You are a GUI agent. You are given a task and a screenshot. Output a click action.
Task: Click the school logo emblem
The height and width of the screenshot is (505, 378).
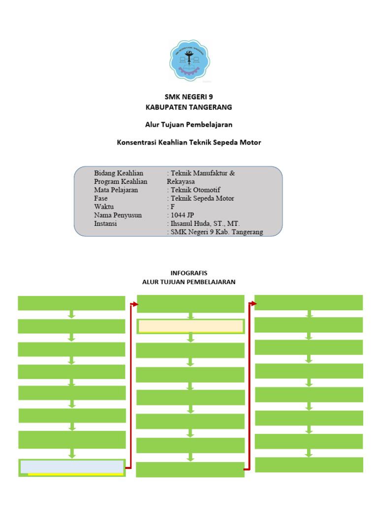click(189, 60)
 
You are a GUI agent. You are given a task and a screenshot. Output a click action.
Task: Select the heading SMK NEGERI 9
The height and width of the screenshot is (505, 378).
click(189, 97)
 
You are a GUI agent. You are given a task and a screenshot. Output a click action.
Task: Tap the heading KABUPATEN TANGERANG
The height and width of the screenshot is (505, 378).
click(189, 107)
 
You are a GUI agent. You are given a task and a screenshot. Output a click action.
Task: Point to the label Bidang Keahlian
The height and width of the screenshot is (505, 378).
click(119, 173)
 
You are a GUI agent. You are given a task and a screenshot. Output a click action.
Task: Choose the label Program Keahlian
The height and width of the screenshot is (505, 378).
click(121, 181)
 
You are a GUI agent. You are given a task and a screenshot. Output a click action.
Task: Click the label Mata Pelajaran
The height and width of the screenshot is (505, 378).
click(116, 190)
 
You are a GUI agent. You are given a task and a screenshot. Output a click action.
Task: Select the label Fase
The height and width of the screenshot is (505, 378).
click(101, 198)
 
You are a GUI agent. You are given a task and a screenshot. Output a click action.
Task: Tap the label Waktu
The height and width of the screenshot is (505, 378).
click(104, 207)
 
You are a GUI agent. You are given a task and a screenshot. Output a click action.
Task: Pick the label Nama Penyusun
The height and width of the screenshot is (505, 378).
click(118, 215)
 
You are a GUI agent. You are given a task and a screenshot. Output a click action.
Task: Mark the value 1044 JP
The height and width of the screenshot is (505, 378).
click(182, 215)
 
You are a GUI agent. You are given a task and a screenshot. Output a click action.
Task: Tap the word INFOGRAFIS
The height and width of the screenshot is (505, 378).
click(189, 273)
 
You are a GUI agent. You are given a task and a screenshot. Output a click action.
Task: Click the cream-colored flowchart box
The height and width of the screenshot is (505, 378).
click(190, 326)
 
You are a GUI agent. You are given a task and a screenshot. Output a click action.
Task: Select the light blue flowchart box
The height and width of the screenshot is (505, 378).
click(71, 466)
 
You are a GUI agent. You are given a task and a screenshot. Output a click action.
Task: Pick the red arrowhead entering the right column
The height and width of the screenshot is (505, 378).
click(253, 303)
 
